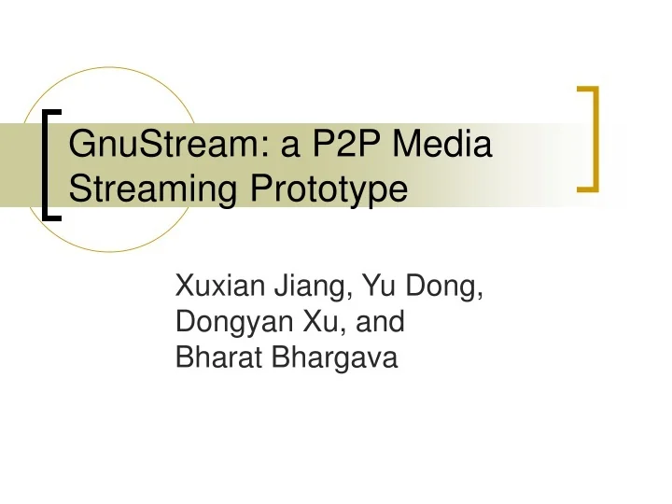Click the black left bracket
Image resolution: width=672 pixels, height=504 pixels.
click(51, 164)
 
